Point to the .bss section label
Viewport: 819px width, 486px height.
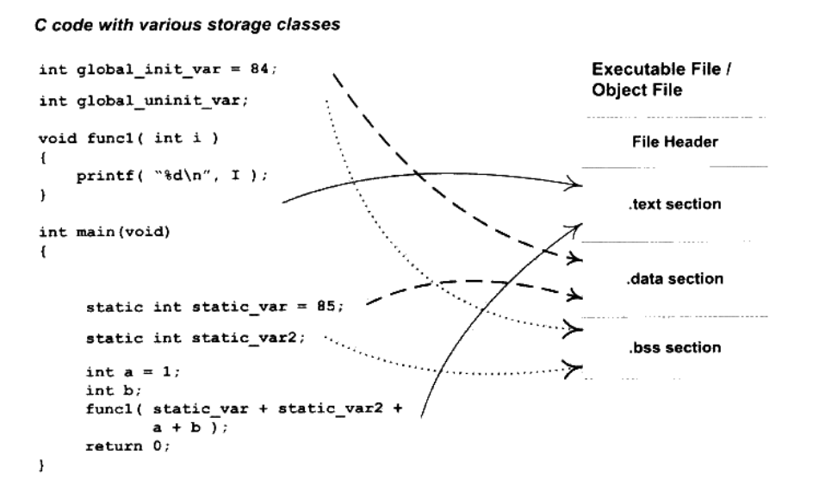tap(669, 348)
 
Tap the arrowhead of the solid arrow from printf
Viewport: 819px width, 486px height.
tap(574, 182)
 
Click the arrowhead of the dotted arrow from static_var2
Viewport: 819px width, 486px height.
tap(574, 368)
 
